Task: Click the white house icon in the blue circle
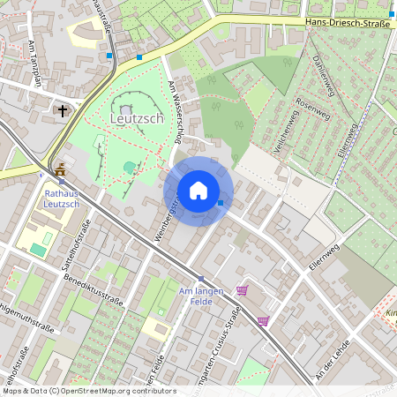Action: click(x=198, y=191)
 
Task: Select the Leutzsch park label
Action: click(x=136, y=116)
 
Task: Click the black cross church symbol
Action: click(x=62, y=110)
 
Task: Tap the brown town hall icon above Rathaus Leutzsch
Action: click(x=60, y=169)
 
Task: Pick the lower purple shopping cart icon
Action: click(x=262, y=321)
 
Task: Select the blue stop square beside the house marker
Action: click(x=221, y=204)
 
